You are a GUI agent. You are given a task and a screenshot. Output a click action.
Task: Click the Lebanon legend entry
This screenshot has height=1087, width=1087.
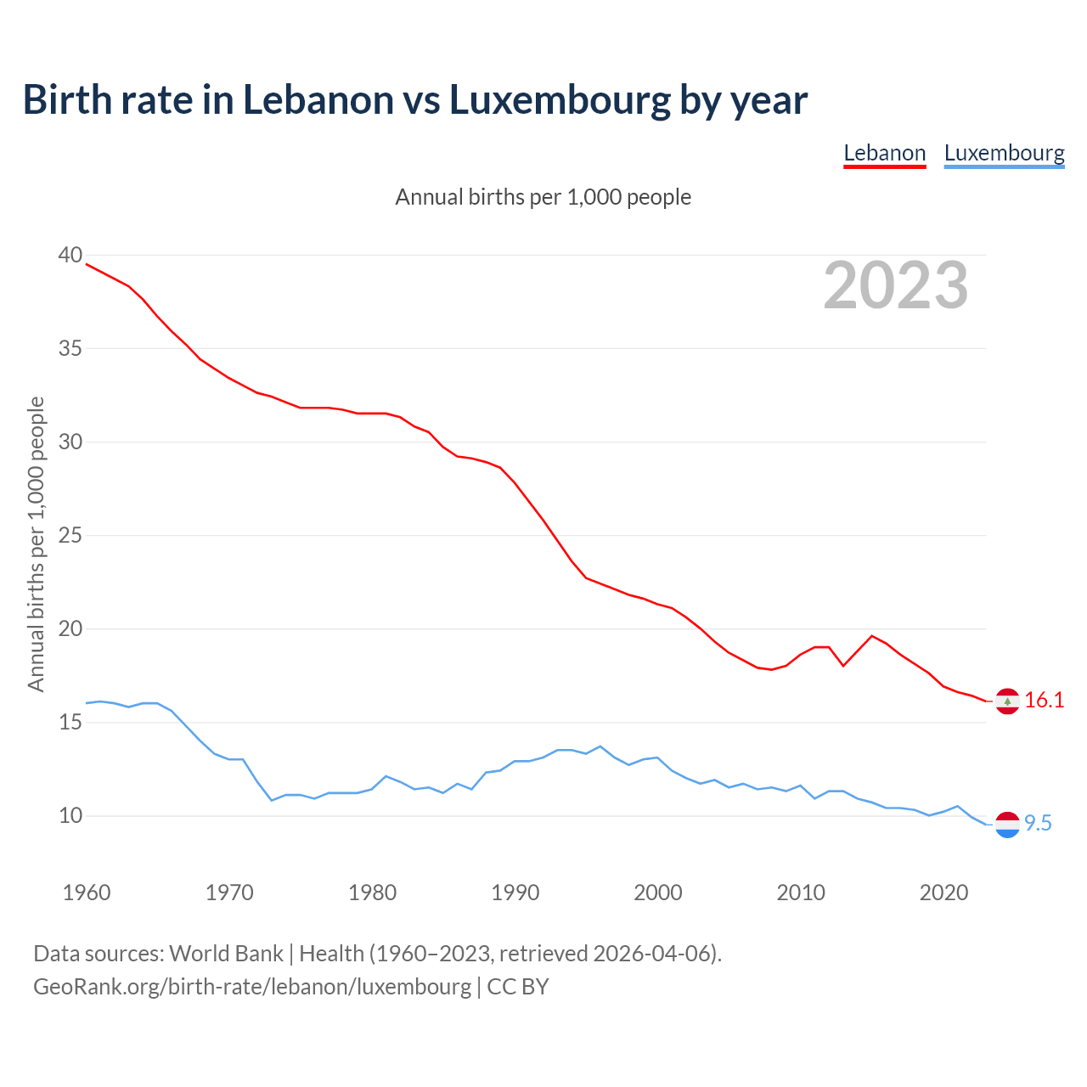[x=884, y=153]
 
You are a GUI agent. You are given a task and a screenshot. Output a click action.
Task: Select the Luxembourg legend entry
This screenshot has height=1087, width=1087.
[x=1004, y=153]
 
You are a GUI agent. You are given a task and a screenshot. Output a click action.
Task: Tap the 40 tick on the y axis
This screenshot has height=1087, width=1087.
[x=70, y=255]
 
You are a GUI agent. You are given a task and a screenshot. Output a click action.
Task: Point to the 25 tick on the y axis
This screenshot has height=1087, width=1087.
[x=70, y=536]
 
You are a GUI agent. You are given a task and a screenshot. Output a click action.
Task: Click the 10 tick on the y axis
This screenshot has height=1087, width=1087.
[x=70, y=816]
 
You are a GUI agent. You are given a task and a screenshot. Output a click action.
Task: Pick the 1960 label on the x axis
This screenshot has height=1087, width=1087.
[x=87, y=893]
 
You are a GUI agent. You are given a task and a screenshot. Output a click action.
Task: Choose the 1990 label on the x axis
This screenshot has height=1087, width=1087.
[x=515, y=893]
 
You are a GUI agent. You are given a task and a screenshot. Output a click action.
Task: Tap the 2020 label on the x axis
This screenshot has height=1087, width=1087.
[x=943, y=893]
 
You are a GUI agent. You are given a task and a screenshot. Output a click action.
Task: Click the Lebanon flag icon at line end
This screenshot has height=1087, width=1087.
[x=1007, y=701]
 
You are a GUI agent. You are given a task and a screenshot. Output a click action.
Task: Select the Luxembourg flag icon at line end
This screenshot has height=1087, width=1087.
[x=1007, y=825]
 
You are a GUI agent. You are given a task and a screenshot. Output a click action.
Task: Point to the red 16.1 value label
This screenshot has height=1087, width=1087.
[x=1044, y=701]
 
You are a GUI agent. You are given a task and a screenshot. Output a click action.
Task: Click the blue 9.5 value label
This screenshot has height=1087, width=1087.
[x=1038, y=824]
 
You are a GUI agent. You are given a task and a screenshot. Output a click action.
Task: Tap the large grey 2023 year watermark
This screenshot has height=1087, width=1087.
[x=896, y=285]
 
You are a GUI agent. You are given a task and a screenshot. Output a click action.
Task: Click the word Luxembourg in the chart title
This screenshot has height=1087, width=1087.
[x=560, y=100]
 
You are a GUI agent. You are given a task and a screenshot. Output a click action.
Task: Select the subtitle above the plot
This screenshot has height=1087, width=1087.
[x=543, y=197]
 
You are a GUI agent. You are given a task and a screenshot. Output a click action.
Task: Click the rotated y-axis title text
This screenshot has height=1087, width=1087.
[x=36, y=543]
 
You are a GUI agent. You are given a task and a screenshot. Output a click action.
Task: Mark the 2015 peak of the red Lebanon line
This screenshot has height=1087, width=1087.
[x=872, y=636]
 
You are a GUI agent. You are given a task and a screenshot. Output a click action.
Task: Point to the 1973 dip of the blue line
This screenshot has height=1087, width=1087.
[x=272, y=800]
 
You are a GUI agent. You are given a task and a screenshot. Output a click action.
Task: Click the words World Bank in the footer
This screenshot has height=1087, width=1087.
[x=226, y=954]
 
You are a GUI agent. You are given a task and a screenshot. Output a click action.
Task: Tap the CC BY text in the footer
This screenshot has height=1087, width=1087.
[x=518, y=987]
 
